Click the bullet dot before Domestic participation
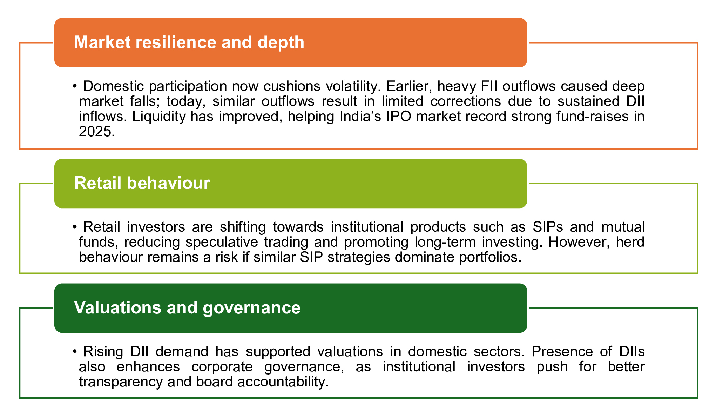coord(75,86)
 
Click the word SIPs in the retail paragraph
coord(548,227)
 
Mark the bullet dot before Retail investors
coord(75,227)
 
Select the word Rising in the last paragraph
coord(103,352)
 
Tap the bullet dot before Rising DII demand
coord(75,352)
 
